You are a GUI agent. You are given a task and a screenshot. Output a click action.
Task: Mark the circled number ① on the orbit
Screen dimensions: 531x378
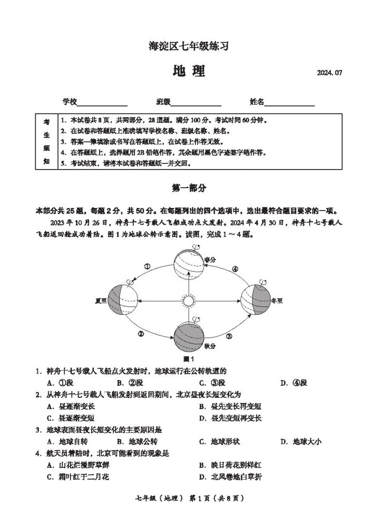point(147,267)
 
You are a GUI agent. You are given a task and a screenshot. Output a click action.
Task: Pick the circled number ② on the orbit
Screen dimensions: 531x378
point(141,334)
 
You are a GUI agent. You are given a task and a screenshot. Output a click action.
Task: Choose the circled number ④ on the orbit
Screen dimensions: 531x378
point(235,269)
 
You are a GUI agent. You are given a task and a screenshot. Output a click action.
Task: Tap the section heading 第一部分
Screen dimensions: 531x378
point(189,188)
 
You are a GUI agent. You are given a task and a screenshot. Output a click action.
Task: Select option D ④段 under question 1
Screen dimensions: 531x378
point(294,383)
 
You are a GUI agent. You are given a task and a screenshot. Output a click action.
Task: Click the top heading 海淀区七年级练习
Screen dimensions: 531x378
point(189,46)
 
